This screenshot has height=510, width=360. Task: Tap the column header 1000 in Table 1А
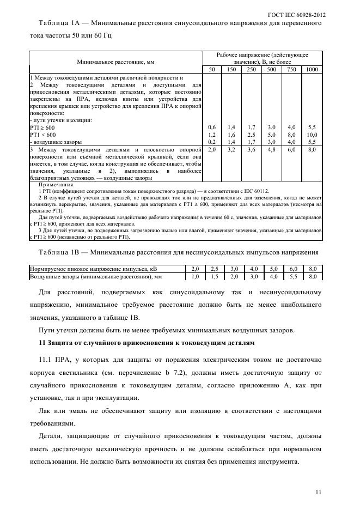(312, 70)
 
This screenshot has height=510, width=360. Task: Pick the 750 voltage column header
(291, 70)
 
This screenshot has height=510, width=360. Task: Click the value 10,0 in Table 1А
(312, 134)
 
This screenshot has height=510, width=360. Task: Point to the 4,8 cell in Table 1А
(271, 149)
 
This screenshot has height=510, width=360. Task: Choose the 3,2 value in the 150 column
(231, 149)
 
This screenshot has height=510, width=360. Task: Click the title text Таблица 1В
(59, 253)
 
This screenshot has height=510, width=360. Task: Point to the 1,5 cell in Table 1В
(214, 277)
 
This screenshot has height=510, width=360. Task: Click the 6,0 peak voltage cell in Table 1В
(293, 269)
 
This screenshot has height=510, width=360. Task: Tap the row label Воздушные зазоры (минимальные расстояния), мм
(93, 277)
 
